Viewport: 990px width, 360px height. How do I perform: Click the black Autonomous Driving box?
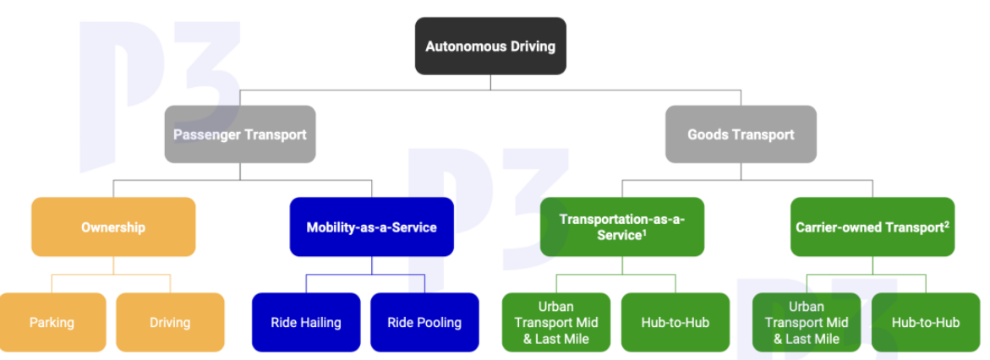coord(490,46)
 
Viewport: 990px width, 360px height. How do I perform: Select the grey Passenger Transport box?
coord(240,134)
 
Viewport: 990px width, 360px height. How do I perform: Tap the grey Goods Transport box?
coord(741,134)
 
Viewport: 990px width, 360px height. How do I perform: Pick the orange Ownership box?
coord(113,226)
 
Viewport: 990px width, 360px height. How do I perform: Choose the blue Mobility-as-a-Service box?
coord(371,226)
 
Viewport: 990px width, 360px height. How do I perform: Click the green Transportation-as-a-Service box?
coord(622,226)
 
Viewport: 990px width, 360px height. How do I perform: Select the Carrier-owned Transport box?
coord(872,226)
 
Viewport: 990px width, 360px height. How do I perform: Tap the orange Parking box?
coord(52,322)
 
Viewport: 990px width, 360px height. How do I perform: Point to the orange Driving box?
coord(170,322)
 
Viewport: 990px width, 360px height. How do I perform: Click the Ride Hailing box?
coord(306,322)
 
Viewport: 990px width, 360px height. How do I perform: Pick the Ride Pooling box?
coord(424,322)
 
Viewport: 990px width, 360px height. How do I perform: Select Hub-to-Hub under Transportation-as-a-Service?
coord(675,322)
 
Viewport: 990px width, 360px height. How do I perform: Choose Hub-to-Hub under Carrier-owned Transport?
coord(926,322)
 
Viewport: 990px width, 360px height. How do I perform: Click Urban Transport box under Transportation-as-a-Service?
coord(556,322)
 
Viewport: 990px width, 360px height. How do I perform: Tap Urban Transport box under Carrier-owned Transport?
coord(807,322)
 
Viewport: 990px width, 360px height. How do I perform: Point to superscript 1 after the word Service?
coord(644,231)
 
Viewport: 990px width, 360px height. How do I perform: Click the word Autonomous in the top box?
coord(457,46)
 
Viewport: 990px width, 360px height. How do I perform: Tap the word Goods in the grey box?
coord(706,134)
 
